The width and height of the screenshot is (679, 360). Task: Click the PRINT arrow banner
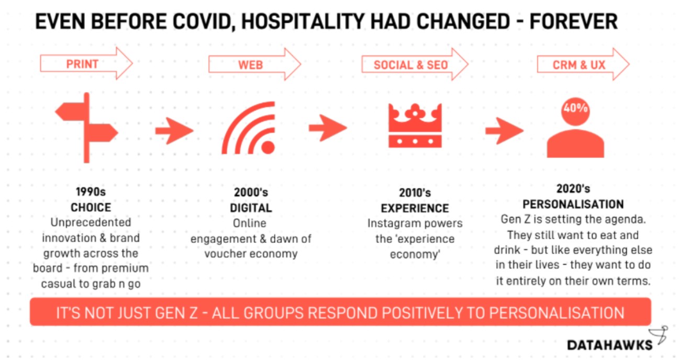(86, 64)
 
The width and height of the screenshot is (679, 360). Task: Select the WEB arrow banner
(254, 64)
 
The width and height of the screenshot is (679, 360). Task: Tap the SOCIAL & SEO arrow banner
(415, 64)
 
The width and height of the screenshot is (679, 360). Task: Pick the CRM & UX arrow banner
(583, 64)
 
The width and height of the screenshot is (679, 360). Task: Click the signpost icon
(87, 128)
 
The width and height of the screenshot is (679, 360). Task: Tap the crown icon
(415, 126)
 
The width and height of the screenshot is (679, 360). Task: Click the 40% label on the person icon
(575, 108)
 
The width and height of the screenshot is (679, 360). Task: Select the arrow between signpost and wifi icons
(174, 131)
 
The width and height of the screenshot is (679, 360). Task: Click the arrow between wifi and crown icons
(328, 128)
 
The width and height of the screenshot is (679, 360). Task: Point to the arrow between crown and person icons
(504, 131)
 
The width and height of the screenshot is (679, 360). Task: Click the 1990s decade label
(91, 192)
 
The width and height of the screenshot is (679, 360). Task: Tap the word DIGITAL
(251, 208)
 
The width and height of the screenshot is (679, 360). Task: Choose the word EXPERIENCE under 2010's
(415, 208)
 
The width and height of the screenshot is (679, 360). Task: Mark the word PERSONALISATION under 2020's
(573, 205)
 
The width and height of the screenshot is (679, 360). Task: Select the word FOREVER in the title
(574, 21)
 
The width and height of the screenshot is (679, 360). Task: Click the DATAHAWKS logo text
(609, 345)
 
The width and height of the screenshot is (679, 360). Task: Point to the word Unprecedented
(91, 223)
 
